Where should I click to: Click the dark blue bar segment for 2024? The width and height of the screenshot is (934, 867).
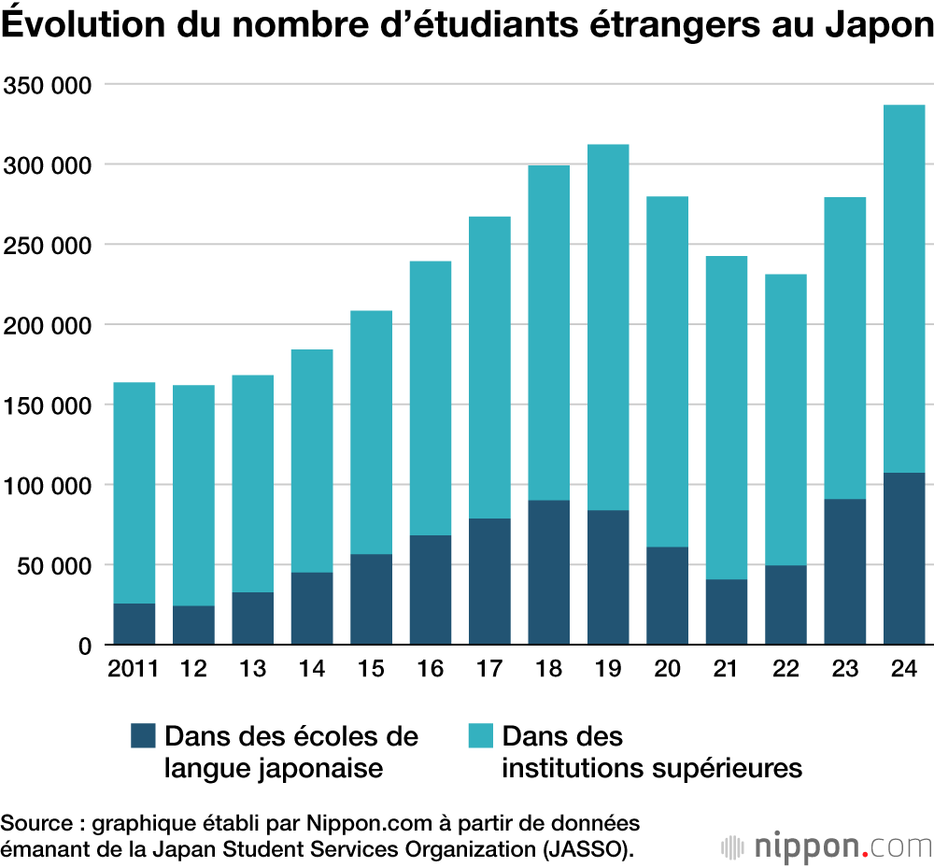pyautogui.click(x=904, y=558)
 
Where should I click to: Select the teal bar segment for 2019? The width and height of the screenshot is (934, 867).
pyautogui.click(x=608, y=327)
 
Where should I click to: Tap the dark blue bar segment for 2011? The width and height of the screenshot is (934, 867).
pyautogui.click(x=134, y=623)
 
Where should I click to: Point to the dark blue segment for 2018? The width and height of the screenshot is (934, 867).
pyautogui.click(x=548, y=572)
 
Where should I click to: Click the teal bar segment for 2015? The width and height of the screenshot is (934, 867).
pyautogui.click(x=371, y=432)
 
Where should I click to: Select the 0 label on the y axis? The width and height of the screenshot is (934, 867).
pyautogui.click(x=83, y=646)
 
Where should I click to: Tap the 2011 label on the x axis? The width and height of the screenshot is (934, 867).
pyautogui.click(x=134, y=669)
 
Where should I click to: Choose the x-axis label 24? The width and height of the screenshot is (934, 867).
pyautogui.click(x=904, y=669)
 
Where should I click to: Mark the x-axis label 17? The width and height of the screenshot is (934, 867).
pyautogui.click(x=489, y=669)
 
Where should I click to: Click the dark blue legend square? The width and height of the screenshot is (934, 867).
pyautogui.click(x=143, y=735)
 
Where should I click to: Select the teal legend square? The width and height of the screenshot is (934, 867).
pyautogui.click(x=481, y=735)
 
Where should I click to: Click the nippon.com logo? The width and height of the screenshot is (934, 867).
pyautogui.click(x=827, y=846)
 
